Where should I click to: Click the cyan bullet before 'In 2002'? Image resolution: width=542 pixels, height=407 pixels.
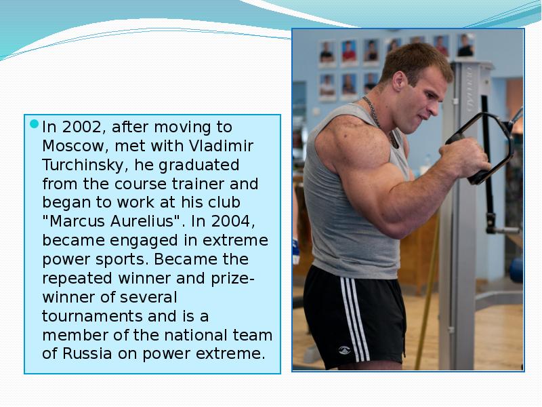35,124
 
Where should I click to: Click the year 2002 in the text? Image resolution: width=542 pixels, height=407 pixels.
82,128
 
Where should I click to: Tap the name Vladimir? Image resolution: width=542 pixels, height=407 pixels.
222,146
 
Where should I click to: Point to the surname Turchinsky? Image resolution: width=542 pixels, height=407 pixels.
83,165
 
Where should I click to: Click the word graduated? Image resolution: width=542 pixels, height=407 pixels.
199,165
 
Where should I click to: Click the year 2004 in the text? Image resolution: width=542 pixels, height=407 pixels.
232,222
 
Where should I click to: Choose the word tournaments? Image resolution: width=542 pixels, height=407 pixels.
92,316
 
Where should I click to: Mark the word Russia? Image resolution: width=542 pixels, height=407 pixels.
87,353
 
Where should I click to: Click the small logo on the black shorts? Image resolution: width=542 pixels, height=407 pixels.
344,350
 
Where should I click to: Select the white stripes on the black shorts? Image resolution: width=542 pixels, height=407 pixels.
355,319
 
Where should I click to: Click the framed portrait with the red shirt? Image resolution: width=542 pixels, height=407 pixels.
350,52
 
